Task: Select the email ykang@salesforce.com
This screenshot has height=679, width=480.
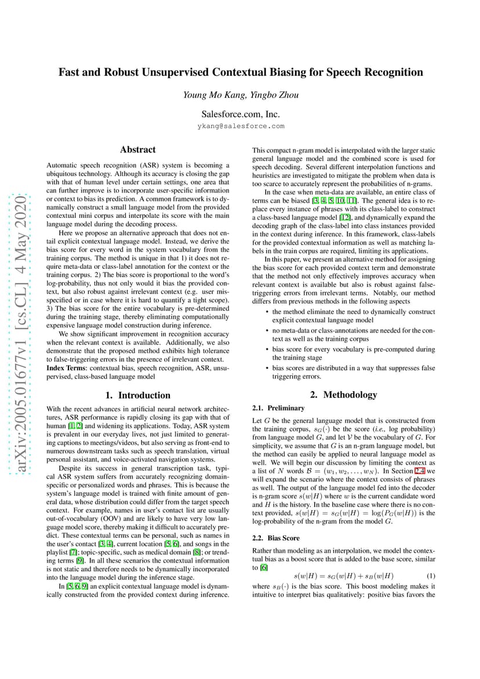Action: [241, 126]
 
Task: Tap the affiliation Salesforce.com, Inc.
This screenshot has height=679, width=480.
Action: [241, 114]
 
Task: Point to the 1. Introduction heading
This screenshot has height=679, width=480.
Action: [138, 396]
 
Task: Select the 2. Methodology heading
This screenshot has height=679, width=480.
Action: [344, 395]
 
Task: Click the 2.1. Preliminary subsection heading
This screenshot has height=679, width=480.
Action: [279, 408]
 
